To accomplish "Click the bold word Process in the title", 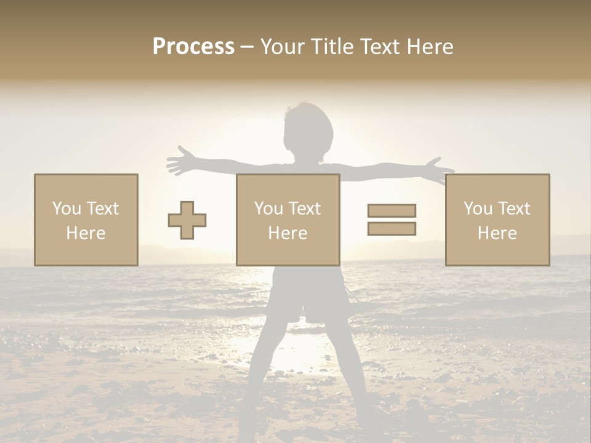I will click(193, 46).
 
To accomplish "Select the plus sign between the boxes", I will click(187, 220).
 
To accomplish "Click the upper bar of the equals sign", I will click(392, 210).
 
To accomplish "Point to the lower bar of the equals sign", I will click(392, 229).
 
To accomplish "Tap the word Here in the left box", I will click(86, 233).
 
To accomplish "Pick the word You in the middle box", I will click(268, 209).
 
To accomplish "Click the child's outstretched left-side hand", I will click(178, 161).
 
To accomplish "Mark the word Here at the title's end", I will click(430, 47).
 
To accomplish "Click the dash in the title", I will click(247, 47).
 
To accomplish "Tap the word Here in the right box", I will click(497, 233).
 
